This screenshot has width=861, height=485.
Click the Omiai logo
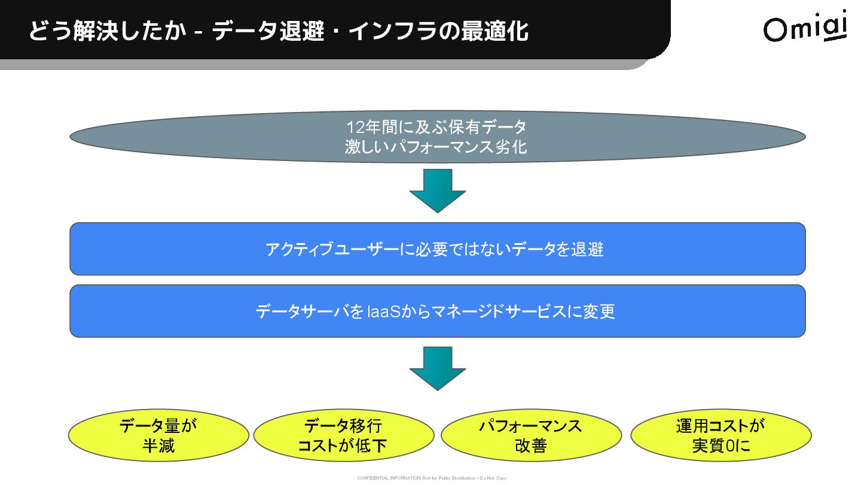(x=805, y=26)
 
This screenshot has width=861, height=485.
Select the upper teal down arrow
(x=438, y=190)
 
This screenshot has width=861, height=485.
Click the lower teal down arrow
(x=438, y=368)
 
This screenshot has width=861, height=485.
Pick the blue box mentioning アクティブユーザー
(x=438, y=249)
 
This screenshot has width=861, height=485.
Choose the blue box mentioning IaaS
(x=438, y=311)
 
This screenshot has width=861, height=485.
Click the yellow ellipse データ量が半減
(x=158, y=436)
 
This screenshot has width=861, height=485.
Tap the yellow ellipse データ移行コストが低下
(x=344, y=436)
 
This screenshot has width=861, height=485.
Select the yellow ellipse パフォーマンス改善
(x=531, y=436)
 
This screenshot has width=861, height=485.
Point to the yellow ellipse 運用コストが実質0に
(x=721, y=436)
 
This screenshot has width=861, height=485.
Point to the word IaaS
(x=383, y=312)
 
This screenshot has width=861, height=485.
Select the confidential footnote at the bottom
(x=431, y=478)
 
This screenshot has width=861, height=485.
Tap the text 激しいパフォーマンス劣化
(x=436, y=147)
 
